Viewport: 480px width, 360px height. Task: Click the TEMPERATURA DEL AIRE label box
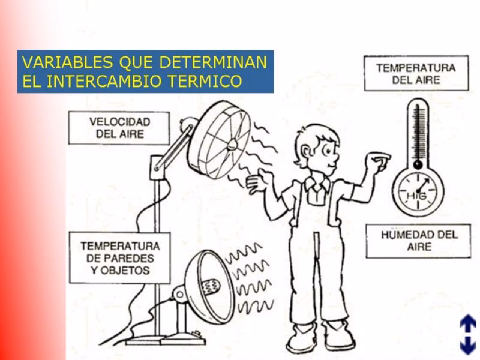tap(416, 73)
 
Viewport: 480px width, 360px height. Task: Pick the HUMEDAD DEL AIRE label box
tap(418, 240)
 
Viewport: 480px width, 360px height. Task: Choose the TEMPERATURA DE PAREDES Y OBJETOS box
tap(119, 258)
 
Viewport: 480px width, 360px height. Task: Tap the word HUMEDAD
tap(407, 234)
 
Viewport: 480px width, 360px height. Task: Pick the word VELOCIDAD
tap(120, 121)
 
